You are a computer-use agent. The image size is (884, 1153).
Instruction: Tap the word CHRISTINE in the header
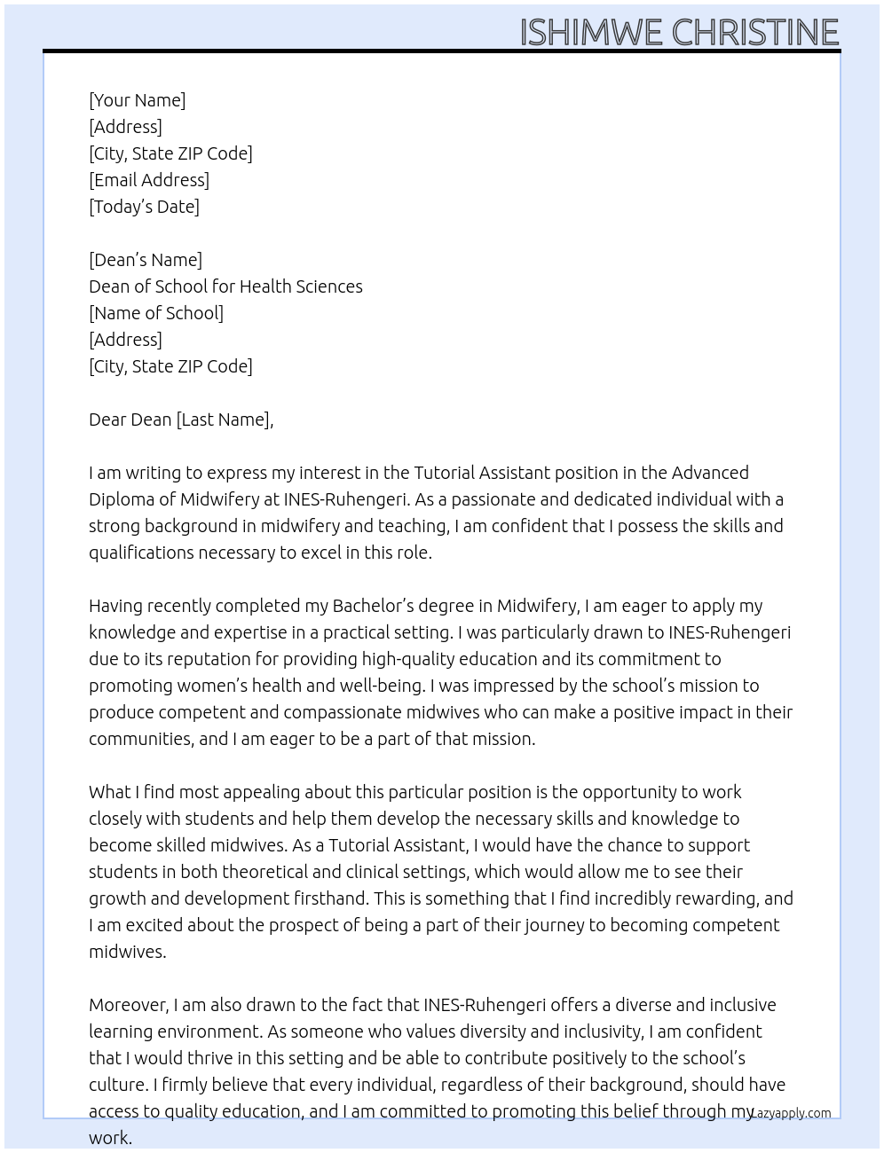tap(755, 32)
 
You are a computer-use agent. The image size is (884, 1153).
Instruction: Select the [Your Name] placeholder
tap(138, 100)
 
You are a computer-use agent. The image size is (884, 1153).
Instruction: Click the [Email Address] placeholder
tap(149, 180)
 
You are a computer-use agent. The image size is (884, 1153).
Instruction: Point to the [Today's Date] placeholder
tap(144, 207)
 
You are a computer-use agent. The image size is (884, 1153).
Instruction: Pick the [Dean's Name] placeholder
tap(146, 260)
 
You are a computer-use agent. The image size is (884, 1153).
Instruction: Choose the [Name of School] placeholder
tap(156, 313)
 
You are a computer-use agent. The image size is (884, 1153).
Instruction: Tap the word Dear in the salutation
tap(107, 420)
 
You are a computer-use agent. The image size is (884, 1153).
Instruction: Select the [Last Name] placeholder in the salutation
tap(225, 420)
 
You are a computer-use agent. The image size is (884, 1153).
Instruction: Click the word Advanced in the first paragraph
tap(710, 473)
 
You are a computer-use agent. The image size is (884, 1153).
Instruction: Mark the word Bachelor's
tap(373, 606)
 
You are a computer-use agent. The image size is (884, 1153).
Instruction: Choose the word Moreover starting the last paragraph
tap(129, 1005)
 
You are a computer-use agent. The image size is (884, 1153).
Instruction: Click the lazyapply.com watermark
tap(791, 1113)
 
